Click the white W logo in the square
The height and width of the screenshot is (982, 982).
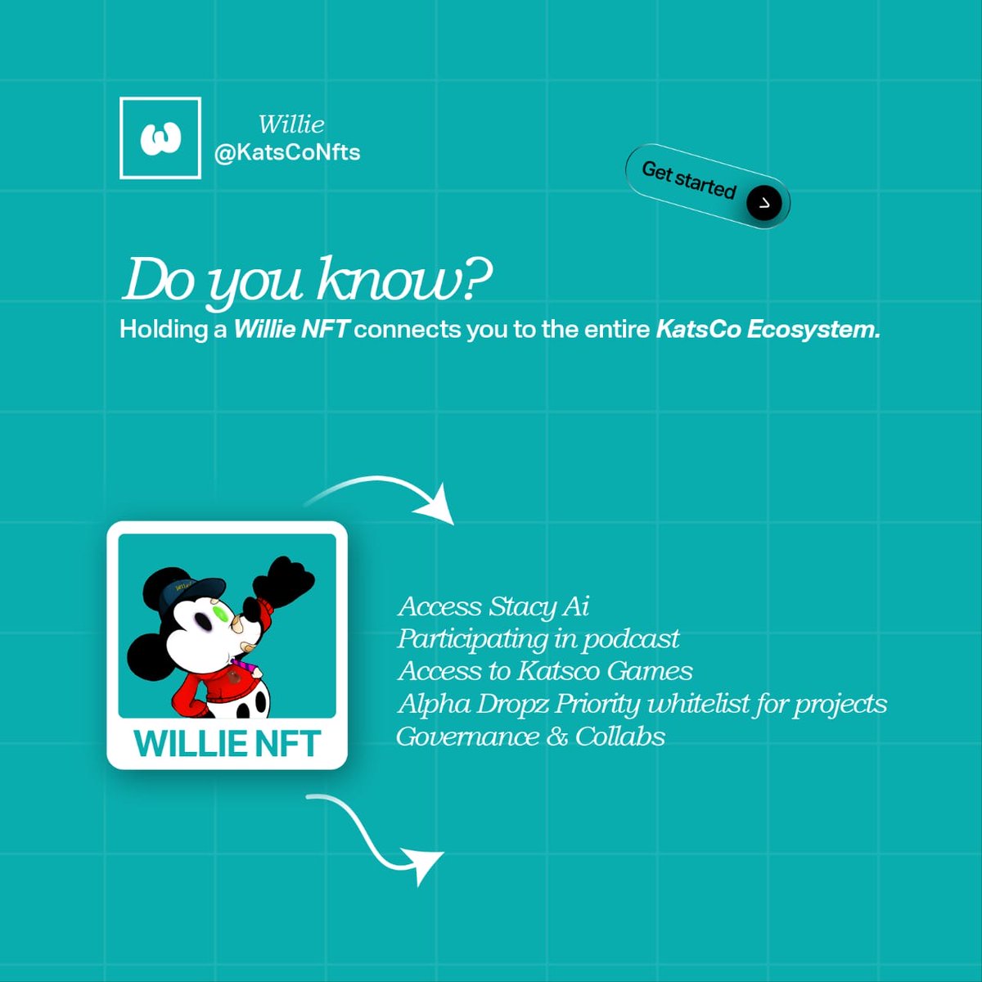(x=160, y=138)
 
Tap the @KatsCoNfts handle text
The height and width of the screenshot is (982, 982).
(x=286, y=152)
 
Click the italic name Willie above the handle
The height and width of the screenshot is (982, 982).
(x=291, y=124)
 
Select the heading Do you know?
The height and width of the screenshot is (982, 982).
(x=306, y=281)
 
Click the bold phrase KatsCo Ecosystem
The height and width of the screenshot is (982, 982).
(x=768, y=329)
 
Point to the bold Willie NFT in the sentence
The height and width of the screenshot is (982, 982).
(x=291, y=329)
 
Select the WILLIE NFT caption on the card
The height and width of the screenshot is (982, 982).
(x=227, y=744)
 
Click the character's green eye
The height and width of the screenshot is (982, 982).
(x=219, y=612)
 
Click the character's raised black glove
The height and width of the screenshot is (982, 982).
(x=291, y=577)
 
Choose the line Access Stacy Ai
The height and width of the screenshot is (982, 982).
(x=493, y=606)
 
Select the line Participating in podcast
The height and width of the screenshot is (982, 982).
(x=538, y=638)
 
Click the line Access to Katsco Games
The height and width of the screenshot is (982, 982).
(x=545, y=671)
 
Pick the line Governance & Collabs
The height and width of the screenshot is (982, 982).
(x=530, y=736)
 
